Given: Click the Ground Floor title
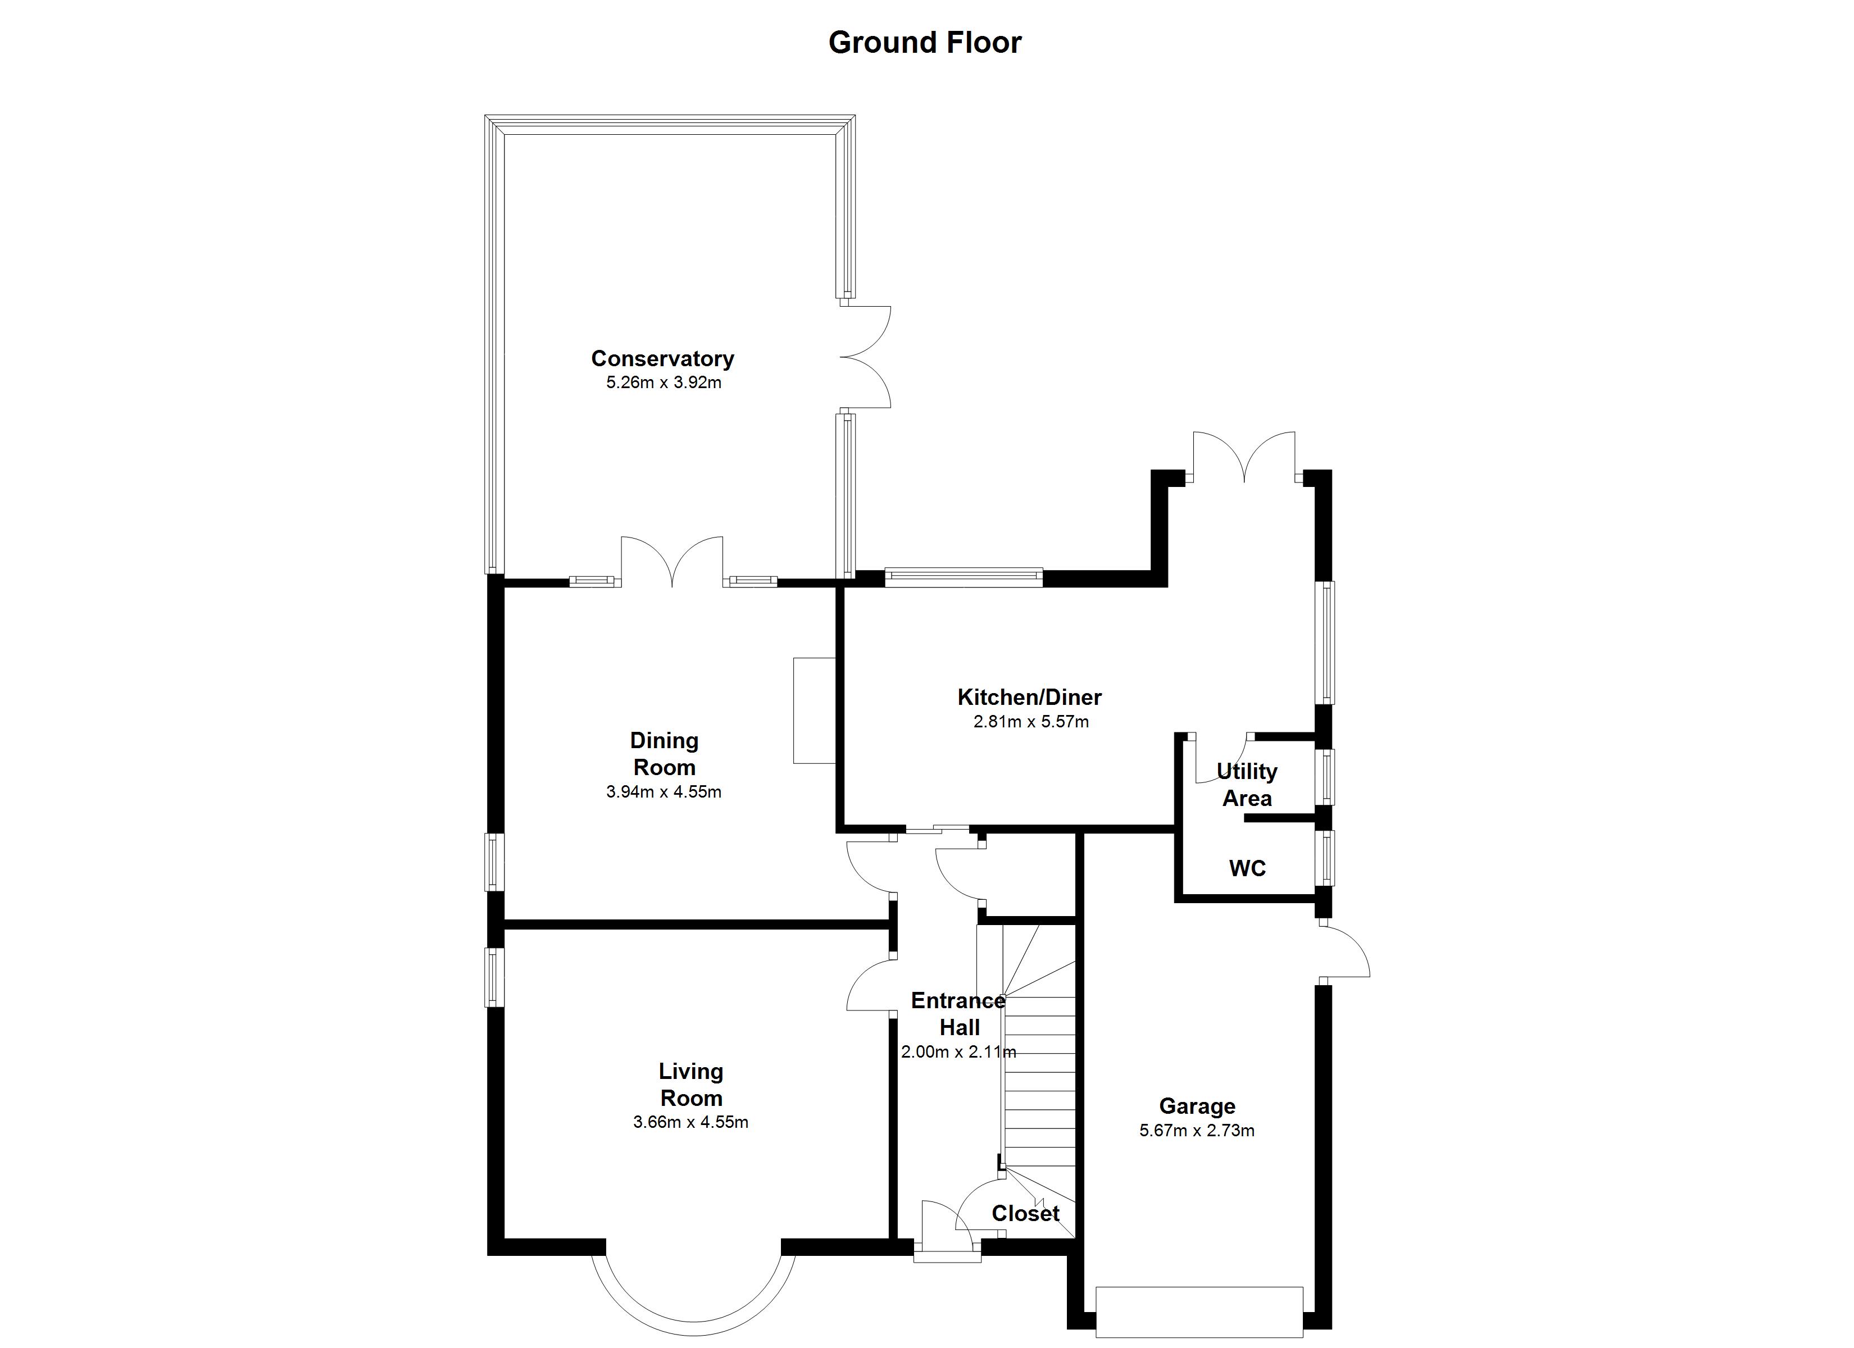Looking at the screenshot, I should (925, 43).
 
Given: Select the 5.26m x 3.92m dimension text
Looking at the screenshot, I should (663, 382).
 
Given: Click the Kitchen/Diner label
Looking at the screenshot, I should (1029, 697).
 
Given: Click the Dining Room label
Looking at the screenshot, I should (664, 754).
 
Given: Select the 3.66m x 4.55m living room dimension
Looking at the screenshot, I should (690, 1122).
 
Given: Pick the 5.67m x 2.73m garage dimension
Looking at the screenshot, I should (1197, 1131).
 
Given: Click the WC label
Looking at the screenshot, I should (1247, 868).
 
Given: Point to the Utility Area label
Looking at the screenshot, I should (1247, 785).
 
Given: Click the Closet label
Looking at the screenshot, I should (1025, 1213).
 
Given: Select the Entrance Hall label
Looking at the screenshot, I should (958, 1014).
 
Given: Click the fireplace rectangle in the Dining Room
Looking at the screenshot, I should (814, 711).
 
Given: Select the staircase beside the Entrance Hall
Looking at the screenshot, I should (1038, 1079).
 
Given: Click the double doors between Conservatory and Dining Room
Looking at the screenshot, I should (672, 562).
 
